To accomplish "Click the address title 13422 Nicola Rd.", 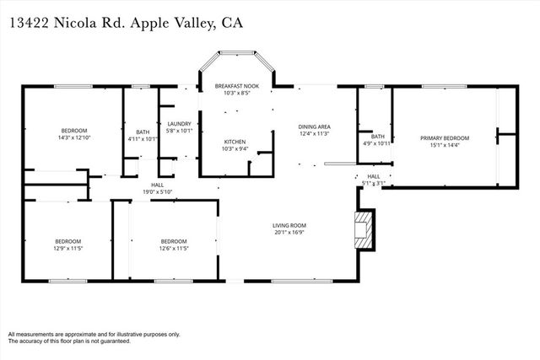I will tap(67, 23).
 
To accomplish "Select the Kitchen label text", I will tap(234, 141).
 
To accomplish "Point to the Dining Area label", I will tap(314, 126).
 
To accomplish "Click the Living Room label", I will tap(289, 225).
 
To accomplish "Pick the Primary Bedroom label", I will tap(445, 137).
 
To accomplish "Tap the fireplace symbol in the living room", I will tap(363, 228).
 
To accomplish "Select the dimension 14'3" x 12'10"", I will tap(74, 137).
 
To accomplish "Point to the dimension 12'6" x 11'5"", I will tap(173, 249).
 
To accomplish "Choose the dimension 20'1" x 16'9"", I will tap(289, 233).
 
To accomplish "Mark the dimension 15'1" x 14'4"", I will tap(445, 145).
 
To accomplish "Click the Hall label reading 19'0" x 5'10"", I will tap(158, 192).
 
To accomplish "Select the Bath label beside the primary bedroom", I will tap(377, 137).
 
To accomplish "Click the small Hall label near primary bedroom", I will tap(374, 176).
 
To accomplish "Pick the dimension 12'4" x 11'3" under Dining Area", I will tap(314, 133).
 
